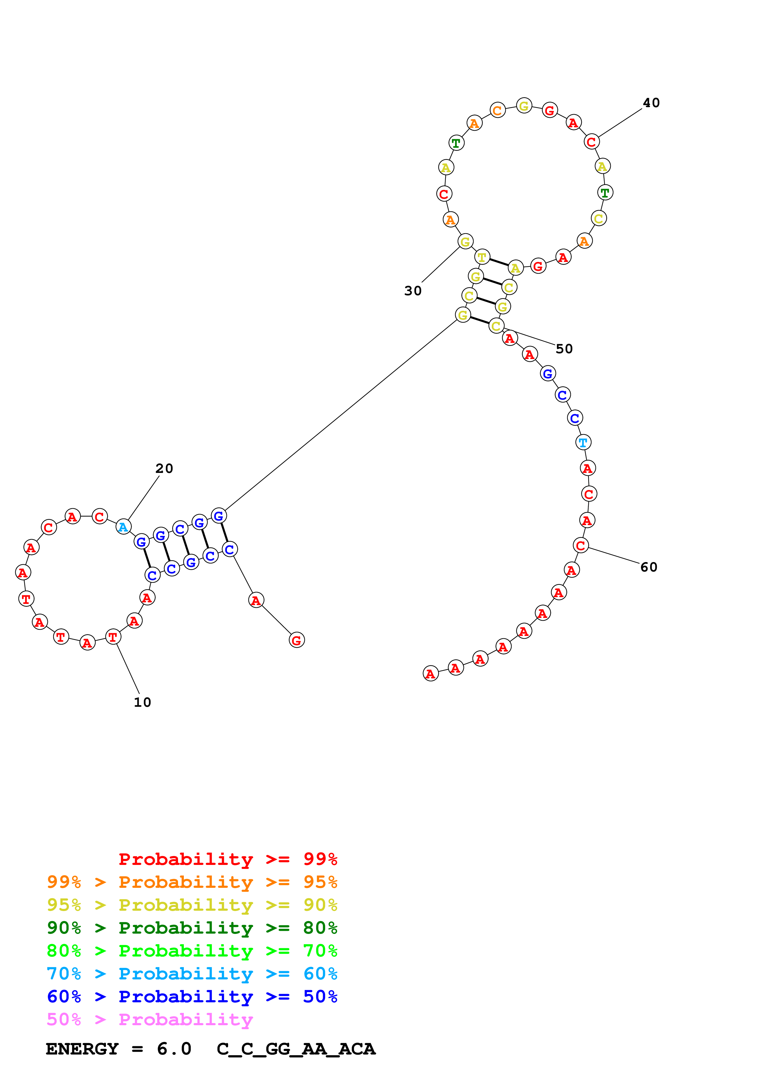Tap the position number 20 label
pyautogui.click(x=164, y=468)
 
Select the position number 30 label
pyautogui.click(x=413, y=291)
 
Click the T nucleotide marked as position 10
pyautogui.click(x=113, y=637)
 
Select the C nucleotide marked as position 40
pyautogui.click(x=591, y=141)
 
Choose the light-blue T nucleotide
pyautogui.click(x=583, y=442)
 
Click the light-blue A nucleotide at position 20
pyautogui.click(x=123, y=527)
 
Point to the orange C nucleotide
pyautogui.click(x=498, y=111)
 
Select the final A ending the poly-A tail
pyautogui.click(x=431, y=673)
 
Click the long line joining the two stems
pyautogui.click(x=340, y=415)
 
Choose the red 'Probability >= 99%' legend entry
pyautogui.click(x=227, y=859)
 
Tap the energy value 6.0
pyautogui.click(x=174, y=1049)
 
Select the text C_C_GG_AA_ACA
pyautogui.click(x=296, y=1049)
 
